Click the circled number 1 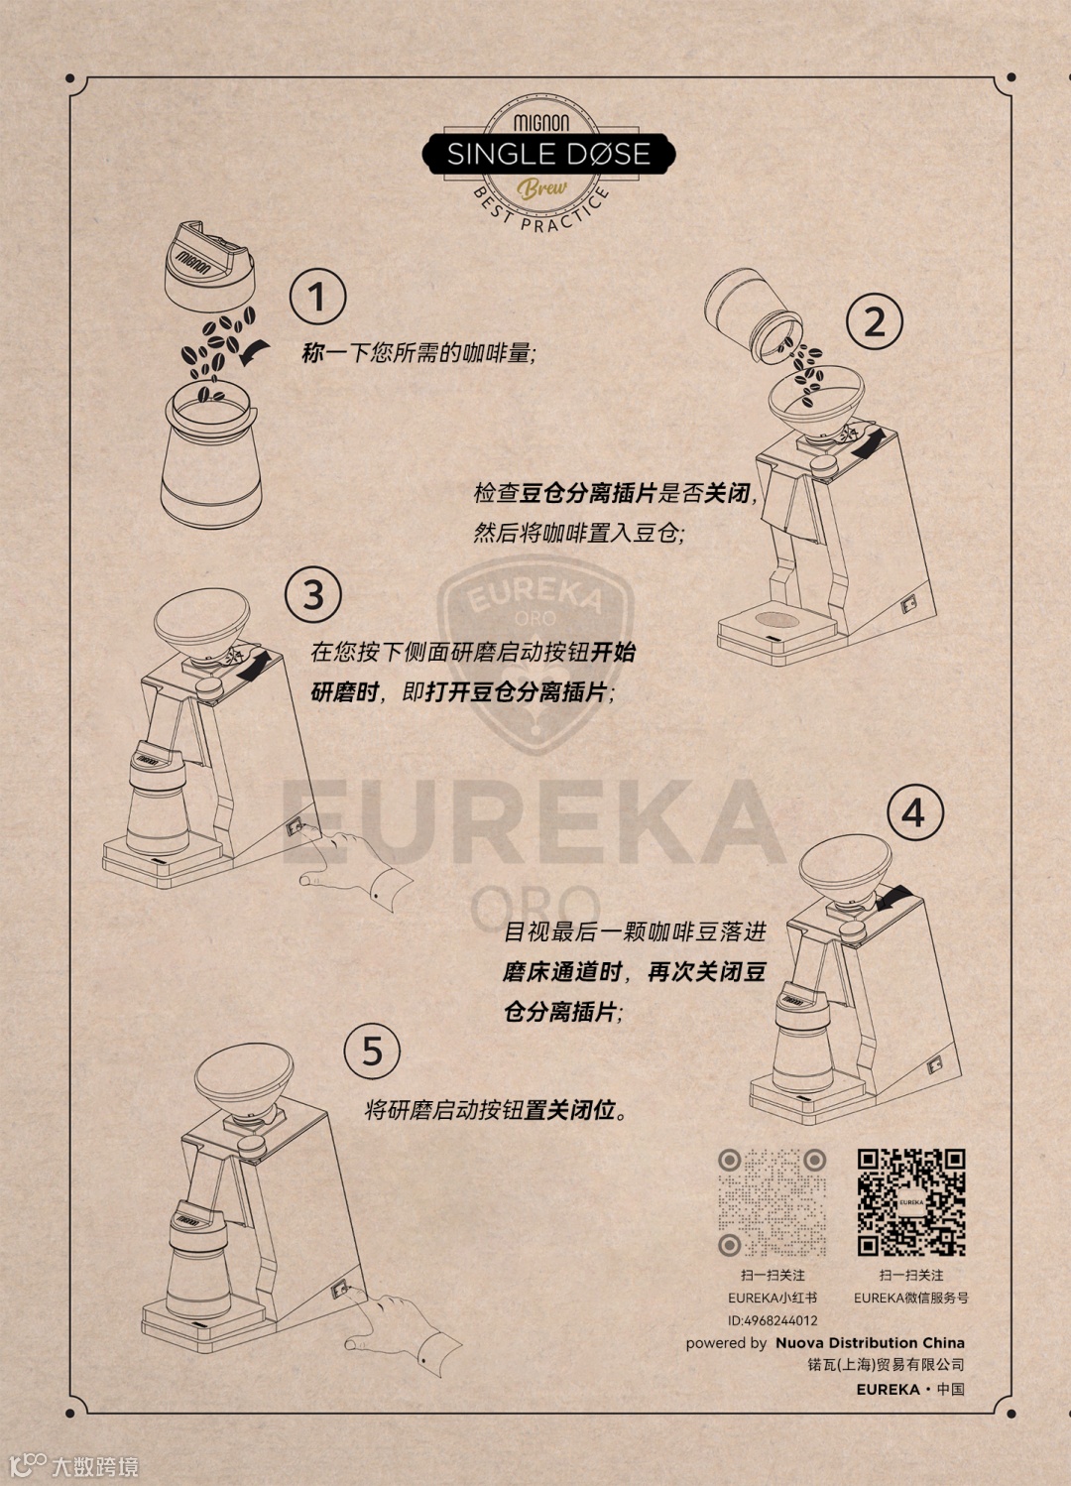(317, 296)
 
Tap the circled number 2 (875, 321)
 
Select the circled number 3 (313, 594)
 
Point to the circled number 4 (914, 812)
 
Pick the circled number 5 (372, 1051)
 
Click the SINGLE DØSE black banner (549, 154)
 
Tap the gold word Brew (542, 189)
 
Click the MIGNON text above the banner (541, 123)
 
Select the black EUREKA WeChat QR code (911, 1202)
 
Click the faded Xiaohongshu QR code (772, 1202)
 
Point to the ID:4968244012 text (773, 1320)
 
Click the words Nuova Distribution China (870, 1343)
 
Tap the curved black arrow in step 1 (255, 351)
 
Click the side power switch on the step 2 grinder (907, 604)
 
